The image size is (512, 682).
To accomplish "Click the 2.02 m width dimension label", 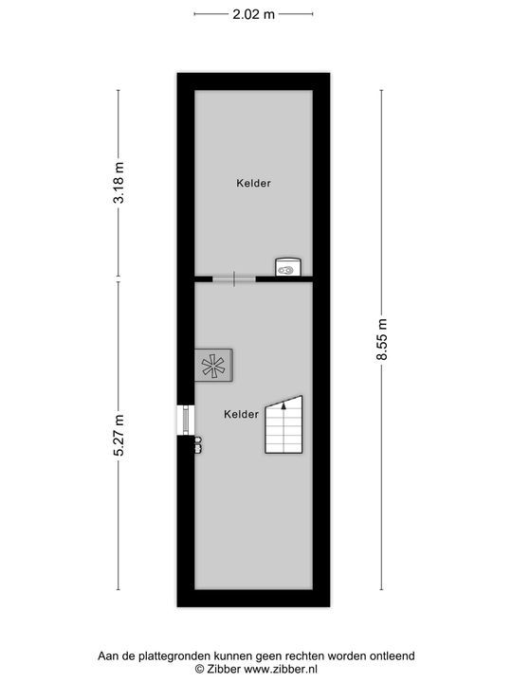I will pyautogui.click(x=254, y=13).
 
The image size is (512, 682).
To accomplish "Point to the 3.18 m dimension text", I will pyautogui.click(x=119, y=185).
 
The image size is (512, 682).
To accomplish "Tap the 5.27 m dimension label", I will pyautogui.click(x=119, y=437).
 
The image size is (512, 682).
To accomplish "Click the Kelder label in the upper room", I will pyautogui.click(x=253, y=184).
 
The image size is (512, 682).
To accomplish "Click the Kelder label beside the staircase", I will pyautogui.click(x=242, y=414).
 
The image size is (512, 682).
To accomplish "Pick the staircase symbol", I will pyautogui.click(x=283, y=425).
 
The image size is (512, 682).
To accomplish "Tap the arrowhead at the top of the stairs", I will pyautogui.click(x=283, y=404).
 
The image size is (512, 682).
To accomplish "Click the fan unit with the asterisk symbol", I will pyautogui.click(x=214, y=365).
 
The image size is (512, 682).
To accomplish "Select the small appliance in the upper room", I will pyautogui.click(x=286, y=267).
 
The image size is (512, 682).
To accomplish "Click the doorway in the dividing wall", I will pyautogui.click(x=233, y=278).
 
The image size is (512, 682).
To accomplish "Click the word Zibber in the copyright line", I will pyautogui.click(x=224, y=668).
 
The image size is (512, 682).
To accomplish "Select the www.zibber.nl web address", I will pyautogui.click(x=280, y=668).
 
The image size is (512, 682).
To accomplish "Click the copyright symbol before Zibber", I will pyautogui.click(x=200, y=668).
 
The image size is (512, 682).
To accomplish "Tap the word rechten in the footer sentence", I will pyautogui.click(x=304, y=655).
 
